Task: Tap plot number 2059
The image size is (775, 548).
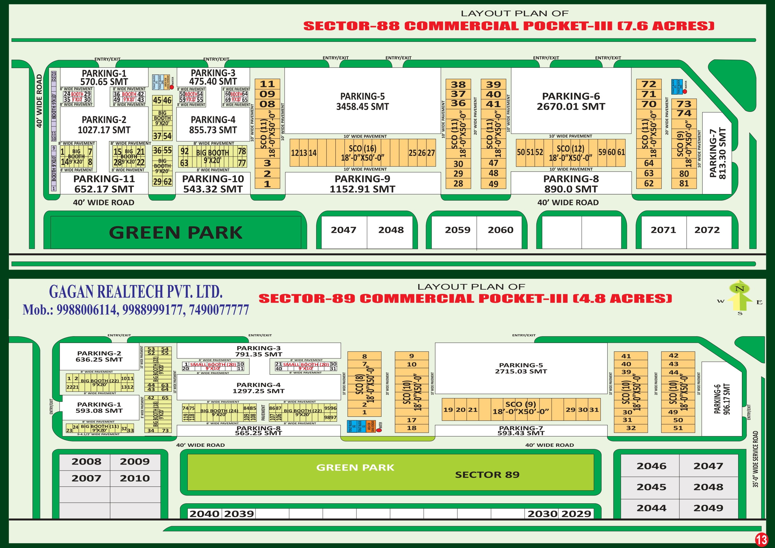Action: pos(457,230)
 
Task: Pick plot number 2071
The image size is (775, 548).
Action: pos(663,230)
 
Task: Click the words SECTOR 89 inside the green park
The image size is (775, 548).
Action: pos(487,475)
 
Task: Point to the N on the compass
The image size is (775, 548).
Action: pos(739,289)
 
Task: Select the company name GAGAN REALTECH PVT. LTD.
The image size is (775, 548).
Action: pos(136,292)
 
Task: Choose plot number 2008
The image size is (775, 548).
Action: pos(86,461)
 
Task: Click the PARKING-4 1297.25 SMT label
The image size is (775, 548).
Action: pos(258,388)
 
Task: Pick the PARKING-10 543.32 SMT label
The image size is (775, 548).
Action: pos(213,184)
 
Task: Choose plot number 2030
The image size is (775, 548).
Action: pos(542,514)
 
